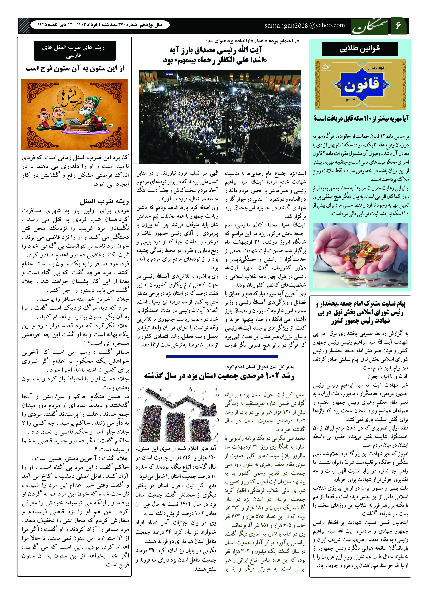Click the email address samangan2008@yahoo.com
click(305, 25)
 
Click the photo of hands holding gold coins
click(361, 255)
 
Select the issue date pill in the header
click(100, 25)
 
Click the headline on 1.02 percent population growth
click(219, 377)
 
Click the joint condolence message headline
click(361, 312)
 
